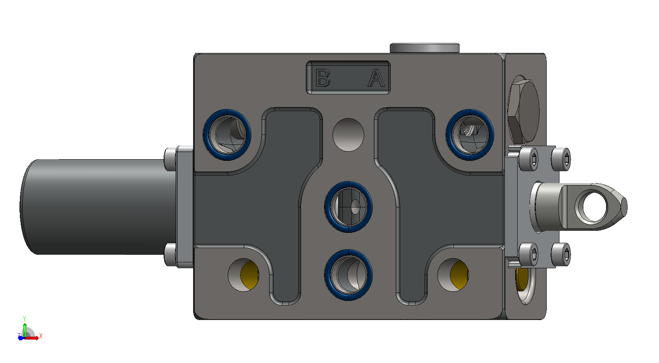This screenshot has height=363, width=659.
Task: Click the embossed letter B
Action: pyautogui.click(x=323, y=78)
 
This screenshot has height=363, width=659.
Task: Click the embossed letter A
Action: pyautogui.click(x=376, y=78)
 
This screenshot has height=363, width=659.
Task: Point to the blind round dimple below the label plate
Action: pyautogui.click(x=348, y=135)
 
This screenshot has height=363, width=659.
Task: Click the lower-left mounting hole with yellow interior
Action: pyautogui.click(x=244, y=275)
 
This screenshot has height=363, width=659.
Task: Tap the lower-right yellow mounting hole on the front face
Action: pyautogui.click(x=453, y=275)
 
